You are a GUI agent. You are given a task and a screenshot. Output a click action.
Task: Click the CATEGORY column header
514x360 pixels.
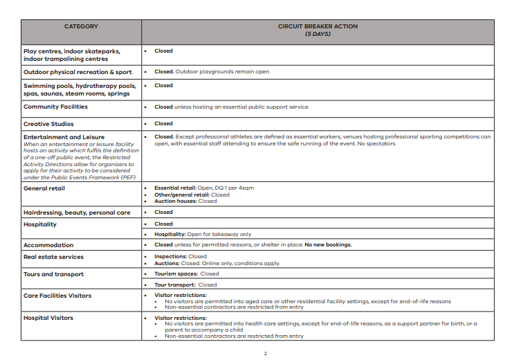[x=81, y=26]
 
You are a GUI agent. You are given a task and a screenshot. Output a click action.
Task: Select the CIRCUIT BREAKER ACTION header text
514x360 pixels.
[x=318, y=26]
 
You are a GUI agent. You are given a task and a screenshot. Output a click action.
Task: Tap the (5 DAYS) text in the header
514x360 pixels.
[x=318, y=33]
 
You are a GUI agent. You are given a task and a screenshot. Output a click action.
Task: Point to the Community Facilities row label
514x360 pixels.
[x=55, y=107]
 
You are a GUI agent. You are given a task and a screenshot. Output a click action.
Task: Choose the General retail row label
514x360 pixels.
[x=44, y=188]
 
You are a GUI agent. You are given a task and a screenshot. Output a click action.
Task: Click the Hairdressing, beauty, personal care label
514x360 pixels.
[x=76, y=213]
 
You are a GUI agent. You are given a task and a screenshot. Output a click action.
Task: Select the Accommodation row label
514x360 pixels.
[x=48, y=245]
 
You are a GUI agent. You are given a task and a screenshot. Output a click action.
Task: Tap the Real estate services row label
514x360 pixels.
[x=53, y=257]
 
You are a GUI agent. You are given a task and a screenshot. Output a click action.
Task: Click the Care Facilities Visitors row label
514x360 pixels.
[x=57, y=296]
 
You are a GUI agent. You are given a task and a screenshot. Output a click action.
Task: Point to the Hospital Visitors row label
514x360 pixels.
[x=48, y=318]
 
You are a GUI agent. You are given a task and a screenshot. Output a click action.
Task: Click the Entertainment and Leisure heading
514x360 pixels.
[x=64, y=137]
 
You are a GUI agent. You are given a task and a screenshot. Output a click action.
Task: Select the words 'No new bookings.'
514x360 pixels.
[x=328, y=245]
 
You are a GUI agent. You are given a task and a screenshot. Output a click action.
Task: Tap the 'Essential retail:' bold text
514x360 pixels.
[x=176, y=188]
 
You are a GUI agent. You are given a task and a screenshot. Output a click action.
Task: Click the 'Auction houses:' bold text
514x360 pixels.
[x=176, y=201]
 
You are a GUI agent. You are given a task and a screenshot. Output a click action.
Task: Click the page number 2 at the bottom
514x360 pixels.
[x=265, y=352]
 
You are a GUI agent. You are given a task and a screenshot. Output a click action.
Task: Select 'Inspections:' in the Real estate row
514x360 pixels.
[x=170, y=257]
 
